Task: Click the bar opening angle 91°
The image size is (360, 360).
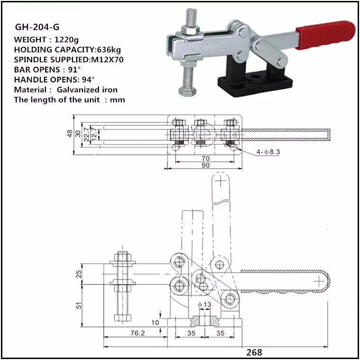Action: (73, 69)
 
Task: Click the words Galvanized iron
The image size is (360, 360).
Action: (88, 90)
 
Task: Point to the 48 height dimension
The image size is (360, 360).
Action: (71, 134)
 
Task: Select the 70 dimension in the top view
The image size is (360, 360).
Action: (205, 158)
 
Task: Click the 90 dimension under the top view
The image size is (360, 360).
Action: (205, 165)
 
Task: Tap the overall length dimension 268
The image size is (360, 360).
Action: (254, 352)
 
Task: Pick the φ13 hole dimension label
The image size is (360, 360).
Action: (204, 304)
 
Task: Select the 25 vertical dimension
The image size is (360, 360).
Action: (79, 273)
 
